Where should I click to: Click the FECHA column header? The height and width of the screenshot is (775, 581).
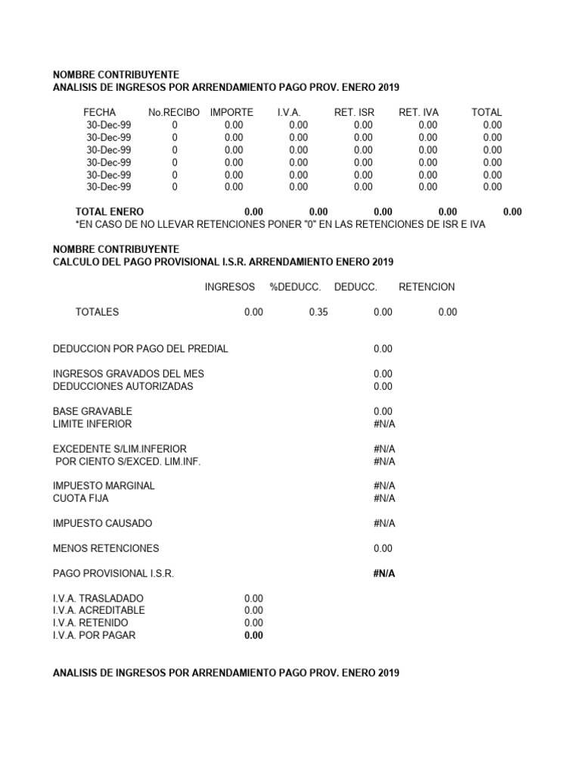pos(99,112)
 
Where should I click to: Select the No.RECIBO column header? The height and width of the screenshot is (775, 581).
pos(174,112)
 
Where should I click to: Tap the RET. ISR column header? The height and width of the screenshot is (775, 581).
pos(354,112)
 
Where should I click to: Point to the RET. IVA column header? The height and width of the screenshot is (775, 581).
pos(418,112)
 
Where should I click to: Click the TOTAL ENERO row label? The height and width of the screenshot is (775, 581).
pos(110,212)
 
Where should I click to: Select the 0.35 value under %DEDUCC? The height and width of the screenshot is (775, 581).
pos(318,312)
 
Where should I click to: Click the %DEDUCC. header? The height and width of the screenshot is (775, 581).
pos(295,287)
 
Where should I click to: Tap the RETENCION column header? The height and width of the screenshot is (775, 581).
pos(427,287)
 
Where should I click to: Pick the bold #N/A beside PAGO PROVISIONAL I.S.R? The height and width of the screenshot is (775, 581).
pos(384,574)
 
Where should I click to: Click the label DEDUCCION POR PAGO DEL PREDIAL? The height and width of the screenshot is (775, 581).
pos(140,349)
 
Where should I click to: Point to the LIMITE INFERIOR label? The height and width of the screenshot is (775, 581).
pos(92,424)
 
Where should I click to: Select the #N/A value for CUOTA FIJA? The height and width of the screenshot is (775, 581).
pos(384,498)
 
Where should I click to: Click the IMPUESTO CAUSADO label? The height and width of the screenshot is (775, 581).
pos(102,523)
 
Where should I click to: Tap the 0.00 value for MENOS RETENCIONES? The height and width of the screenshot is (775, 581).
pos(383,548)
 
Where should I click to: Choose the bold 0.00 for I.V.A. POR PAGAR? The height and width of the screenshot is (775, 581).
pos(253,635)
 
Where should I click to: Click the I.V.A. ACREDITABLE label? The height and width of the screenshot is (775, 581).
pos(98,610)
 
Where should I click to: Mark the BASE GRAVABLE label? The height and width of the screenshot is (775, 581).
pos(92,411)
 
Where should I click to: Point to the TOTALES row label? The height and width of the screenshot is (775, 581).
pos(97,312)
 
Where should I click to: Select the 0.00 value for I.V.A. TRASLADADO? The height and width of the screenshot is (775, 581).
pos(253,598)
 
